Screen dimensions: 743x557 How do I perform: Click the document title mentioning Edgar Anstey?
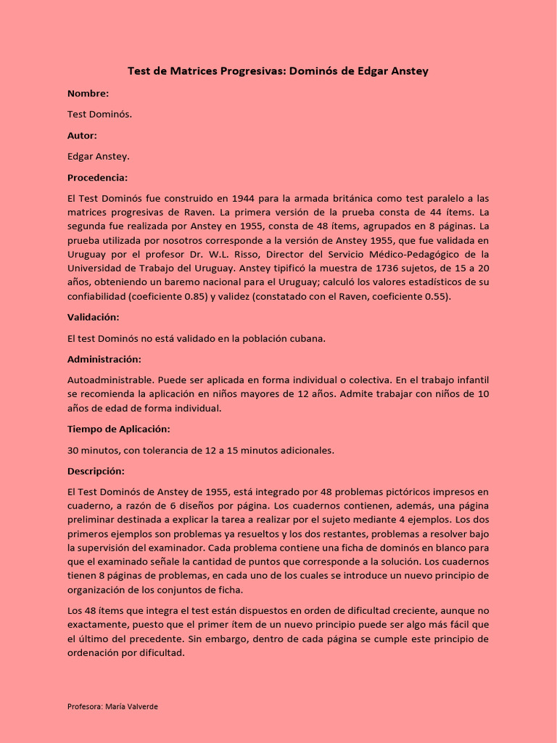[x=278, y=71]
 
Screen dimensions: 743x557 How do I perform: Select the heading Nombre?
[x=88, y=94]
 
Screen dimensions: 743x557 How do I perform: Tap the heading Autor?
[x=82, y=136]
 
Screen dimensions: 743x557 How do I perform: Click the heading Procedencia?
[x=97, y=178]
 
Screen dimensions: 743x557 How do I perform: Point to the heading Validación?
[x=93, y=318]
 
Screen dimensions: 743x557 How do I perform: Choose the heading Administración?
[x=104, y=360]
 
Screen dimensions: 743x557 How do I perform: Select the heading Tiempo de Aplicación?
[x=118, y=429]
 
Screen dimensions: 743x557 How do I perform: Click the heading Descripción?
[x=96, y=471]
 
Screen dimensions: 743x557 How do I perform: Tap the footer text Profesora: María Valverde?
[x=112, y=707]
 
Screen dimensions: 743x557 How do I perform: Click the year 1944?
[x=247, y=198]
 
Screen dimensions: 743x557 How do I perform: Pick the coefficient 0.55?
[x=434, y=296]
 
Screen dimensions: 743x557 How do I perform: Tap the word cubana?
[x=310, y=339]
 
